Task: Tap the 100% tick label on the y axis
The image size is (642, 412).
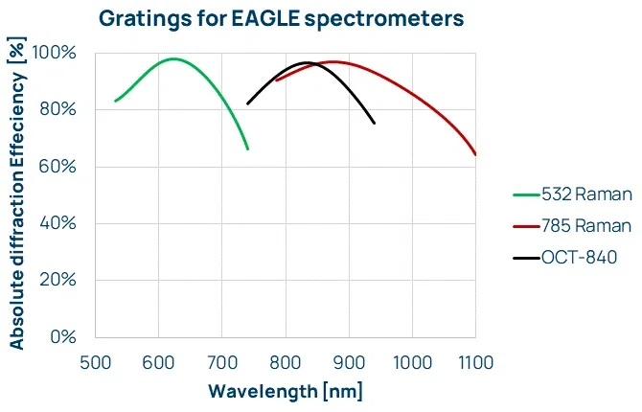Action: pyautogui.click(x=56, y=53)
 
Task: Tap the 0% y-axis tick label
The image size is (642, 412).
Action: pyautogui.click(x=63, y=336)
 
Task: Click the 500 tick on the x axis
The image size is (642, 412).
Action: pyautogui.click(x=95, y=362)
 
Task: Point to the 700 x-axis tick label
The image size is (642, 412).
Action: pyautogui.click(x=221, y=362)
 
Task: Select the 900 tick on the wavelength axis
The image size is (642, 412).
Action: pyautogui.click(x=349, y=362)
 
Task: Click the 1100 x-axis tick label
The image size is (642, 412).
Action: pyautogui.click(x=475, y=362)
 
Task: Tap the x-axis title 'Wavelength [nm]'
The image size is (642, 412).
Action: pyautogui.click(x=286, y=391)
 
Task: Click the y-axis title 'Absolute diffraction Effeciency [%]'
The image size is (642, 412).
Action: pyautogui.click(x=17, y=195)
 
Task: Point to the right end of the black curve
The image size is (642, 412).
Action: pyautogui.click(x=374, y=124)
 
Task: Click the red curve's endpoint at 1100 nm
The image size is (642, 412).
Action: pyautogui.click(x=475, y=154)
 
